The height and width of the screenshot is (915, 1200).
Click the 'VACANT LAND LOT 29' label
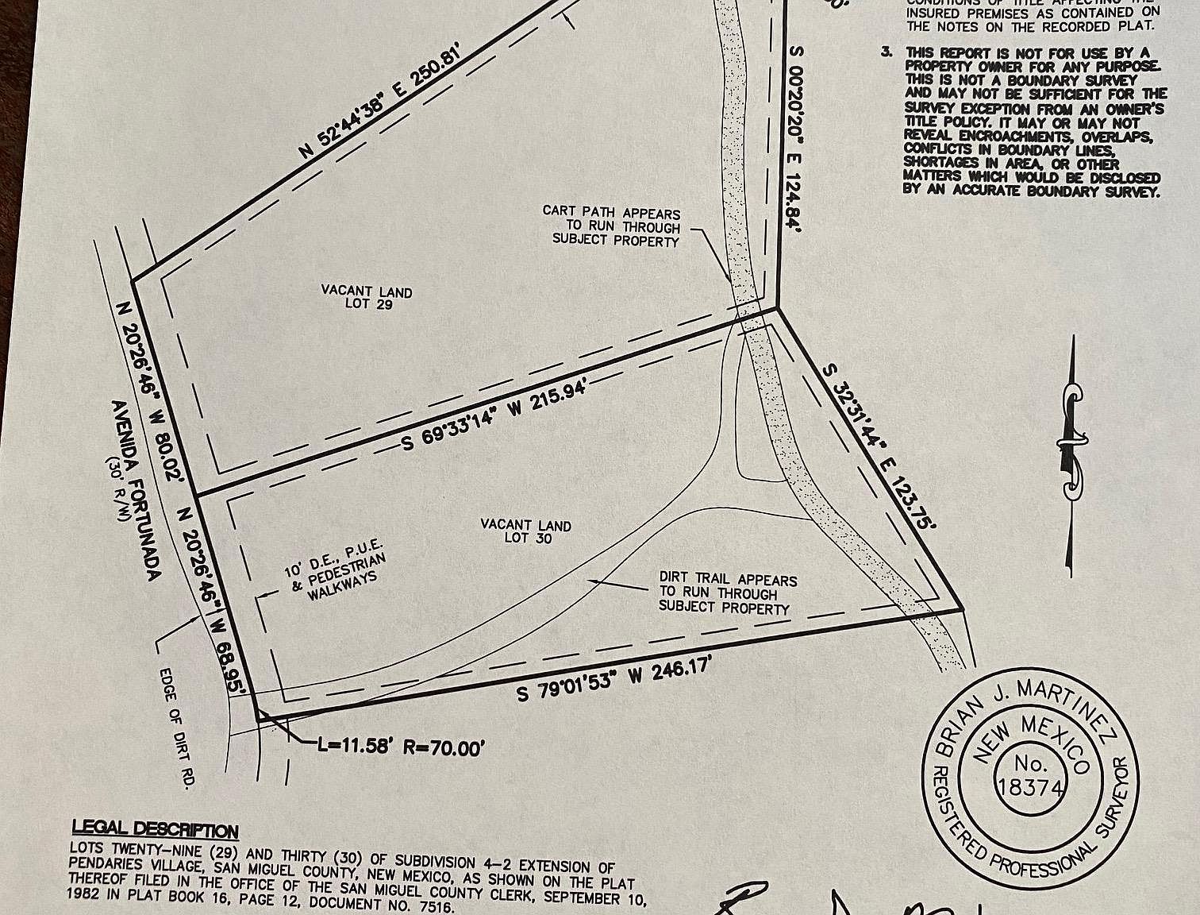pos(367,297)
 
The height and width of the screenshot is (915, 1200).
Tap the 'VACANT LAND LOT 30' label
pos(526,531)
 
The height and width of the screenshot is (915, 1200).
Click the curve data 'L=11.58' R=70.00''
pos(400,747)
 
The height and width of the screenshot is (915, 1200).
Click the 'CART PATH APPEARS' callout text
pos(611,212)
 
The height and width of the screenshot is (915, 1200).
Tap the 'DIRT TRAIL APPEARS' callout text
pos(728,580)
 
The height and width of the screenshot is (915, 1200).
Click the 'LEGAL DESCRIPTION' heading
pos(155,830)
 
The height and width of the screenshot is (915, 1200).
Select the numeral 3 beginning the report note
pos(885,52)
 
